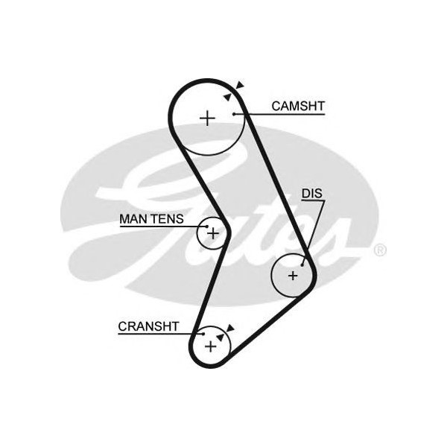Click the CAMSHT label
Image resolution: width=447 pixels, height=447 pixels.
(x=297, y=107)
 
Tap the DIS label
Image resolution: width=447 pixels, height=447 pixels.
(x=312, y=194)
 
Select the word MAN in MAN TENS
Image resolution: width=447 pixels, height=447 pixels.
(x=133, y=220)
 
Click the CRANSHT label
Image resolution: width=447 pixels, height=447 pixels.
(x=148, y=326)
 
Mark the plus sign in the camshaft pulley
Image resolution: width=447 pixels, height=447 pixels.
(x=207, y=118)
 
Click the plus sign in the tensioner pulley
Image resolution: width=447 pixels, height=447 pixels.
(x=214, y=233)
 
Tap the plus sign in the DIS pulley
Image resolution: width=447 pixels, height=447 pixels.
(x=293, y=276)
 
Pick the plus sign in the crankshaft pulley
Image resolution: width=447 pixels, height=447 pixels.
(x=210, y=346)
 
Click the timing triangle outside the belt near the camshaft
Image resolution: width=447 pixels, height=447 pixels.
(x=239, y=86)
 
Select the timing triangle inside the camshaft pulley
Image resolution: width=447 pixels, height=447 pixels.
(x=226, y=97)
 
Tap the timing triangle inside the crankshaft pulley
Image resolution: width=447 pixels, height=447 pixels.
(x=220, y=337)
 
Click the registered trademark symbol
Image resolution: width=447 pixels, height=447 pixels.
(x=380, y=250)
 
